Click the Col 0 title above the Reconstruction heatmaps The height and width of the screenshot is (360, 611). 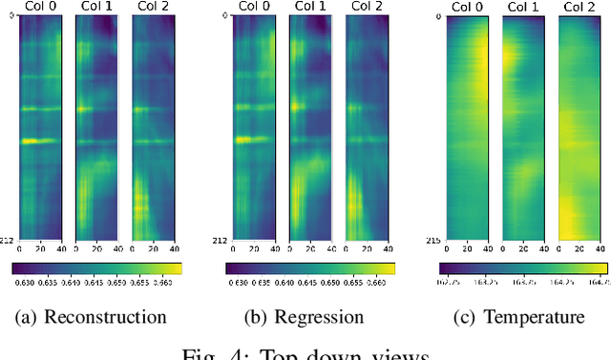click(40, 8)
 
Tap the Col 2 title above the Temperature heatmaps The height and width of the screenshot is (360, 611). click(574, 8)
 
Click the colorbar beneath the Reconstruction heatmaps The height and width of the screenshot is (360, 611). click(97, 268)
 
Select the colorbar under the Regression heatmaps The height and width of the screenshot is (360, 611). click(310, 268)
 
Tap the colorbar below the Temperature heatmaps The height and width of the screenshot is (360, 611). click(523, 268)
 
